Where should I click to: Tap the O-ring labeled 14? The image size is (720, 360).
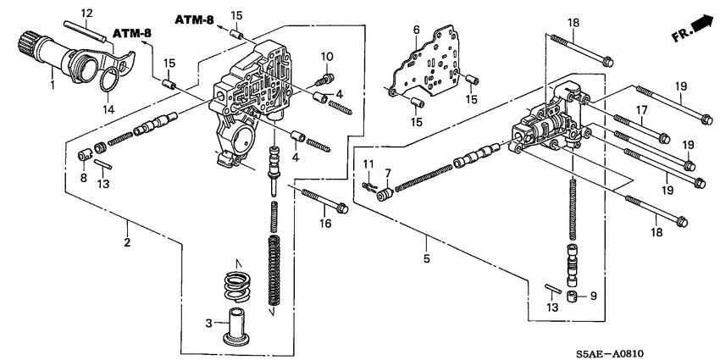click(107, 83)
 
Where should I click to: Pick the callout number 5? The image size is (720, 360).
click(427, 252)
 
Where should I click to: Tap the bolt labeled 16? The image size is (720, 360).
click(323, 204)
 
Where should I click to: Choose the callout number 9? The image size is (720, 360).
click(593, 296)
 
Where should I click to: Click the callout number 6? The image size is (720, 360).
click(416, 30)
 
